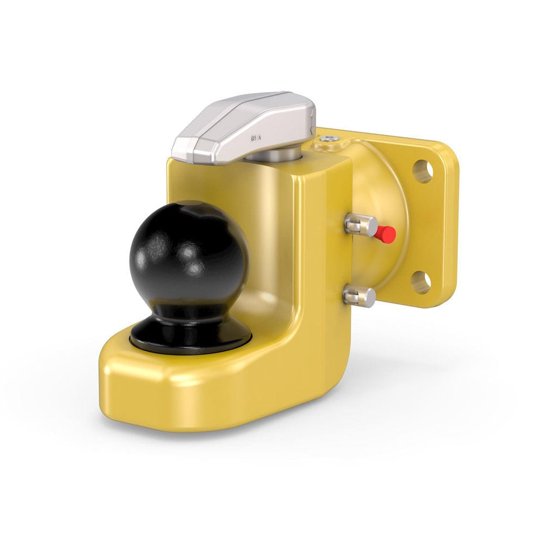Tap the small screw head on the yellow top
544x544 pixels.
point(328,140)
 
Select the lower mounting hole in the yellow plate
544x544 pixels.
point(421,282)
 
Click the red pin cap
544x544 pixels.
point(386,234)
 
